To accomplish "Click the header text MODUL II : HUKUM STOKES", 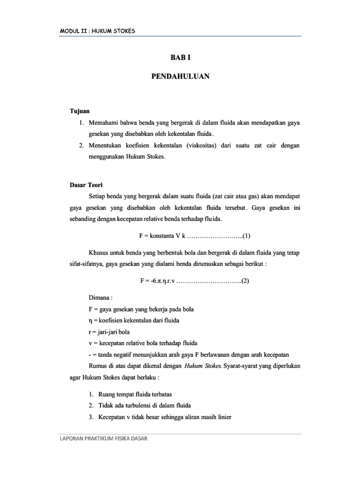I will (97, 31).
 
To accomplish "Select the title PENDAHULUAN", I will (180, 76).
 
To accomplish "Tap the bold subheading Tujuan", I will (79, 111).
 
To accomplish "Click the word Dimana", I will (100, 298).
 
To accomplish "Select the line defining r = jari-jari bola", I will (109, 331).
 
